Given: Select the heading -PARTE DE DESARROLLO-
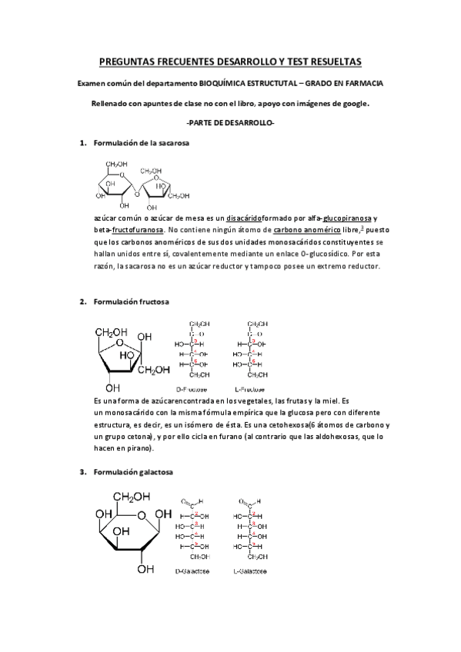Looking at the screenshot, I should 230,123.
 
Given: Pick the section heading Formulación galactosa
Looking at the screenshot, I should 132,471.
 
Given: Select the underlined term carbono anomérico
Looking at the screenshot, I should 306,230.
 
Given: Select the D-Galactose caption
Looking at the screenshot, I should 195,571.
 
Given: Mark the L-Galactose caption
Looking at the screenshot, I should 252,571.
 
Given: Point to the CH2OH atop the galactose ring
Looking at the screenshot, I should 132,497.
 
